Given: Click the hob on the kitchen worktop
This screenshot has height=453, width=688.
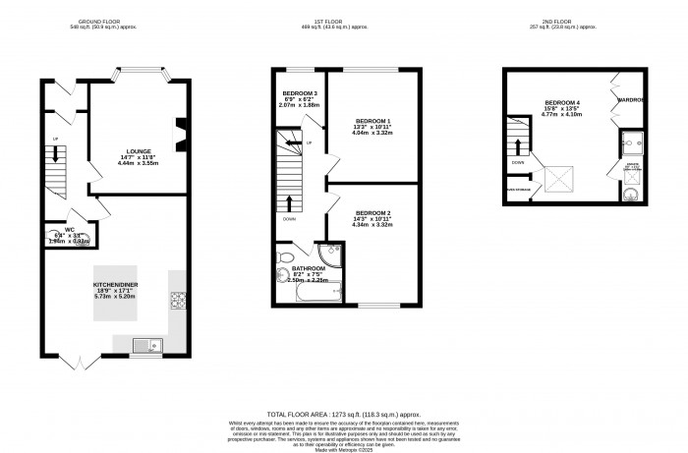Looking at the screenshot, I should (x=178, y=301).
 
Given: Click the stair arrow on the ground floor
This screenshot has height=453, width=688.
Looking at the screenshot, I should (x=56, y=154).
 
